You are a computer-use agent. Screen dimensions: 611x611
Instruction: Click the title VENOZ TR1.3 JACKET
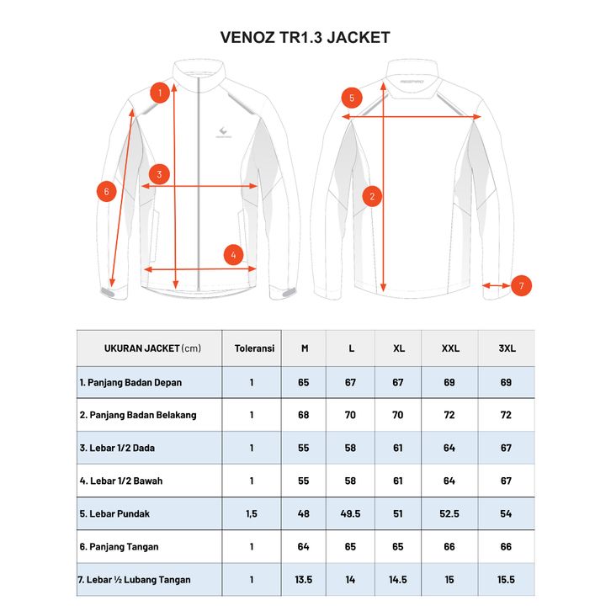coord(305,38)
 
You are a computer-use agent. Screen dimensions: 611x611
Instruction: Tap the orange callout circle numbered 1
coord(158,92)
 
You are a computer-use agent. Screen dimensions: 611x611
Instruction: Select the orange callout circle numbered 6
coord(106,191)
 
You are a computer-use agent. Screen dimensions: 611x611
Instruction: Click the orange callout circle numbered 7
coord(521,286)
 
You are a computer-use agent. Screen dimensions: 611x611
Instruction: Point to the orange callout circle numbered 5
coord(352,98)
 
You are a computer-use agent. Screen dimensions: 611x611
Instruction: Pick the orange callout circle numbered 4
coord(233,254)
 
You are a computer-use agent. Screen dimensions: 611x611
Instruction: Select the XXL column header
coord(449,348)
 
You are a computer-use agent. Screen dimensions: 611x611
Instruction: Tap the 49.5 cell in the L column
coord(350,513)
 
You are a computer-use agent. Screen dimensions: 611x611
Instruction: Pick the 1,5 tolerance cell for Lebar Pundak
coord(251,513)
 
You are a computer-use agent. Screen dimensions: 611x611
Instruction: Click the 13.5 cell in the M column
coord(304,579)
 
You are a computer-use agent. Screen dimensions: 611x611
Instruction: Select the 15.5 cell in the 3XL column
coord(506,579)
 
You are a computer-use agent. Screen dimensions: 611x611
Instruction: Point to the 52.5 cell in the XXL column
coord(449,513)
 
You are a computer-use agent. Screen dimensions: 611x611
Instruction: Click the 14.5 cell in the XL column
coord(399,579)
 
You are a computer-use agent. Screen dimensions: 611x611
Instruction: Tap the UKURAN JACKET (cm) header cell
coord(152,348)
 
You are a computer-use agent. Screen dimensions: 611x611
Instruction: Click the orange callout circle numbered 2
coord(372,197)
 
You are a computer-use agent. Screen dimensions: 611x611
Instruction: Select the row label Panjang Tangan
coord(119,546)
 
